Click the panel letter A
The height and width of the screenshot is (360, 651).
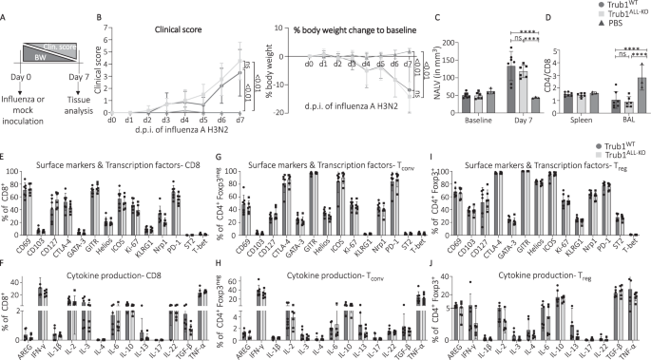[x=6, y=7]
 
